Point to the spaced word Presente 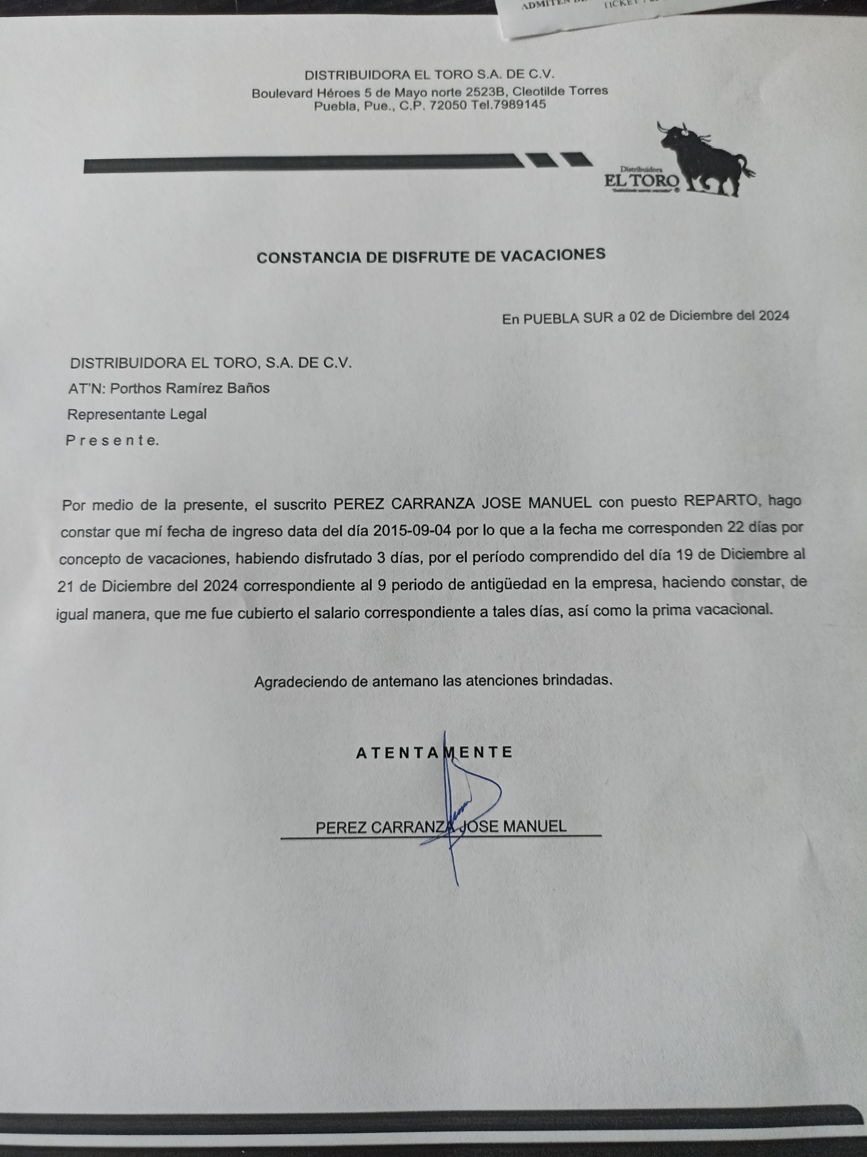point(112,440)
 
